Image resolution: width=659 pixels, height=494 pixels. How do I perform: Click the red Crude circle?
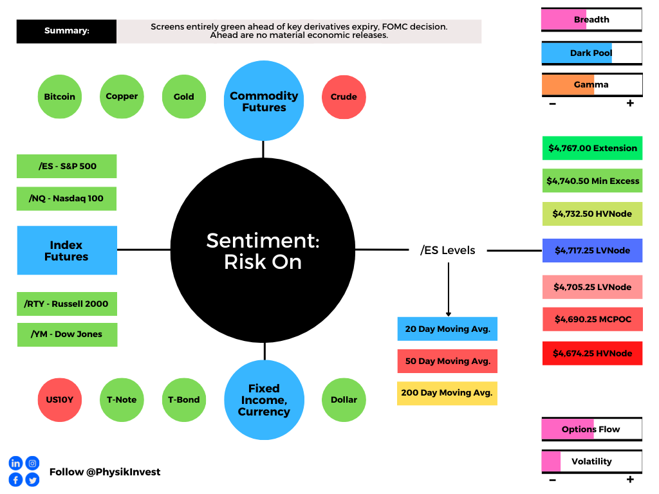(x=344, y=97)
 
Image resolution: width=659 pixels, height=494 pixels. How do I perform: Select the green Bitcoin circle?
(x=60, y=96)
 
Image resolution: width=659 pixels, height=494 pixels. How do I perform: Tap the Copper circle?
(x=122, y=96)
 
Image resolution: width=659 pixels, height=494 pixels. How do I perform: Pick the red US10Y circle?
(x=60, y=400)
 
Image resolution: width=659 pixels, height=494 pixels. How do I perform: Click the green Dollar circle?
(x=344, y=400)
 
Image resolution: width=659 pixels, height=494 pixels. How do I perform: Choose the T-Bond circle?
(x=184, y=400)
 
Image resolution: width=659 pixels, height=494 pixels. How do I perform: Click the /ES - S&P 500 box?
(x=67, y=167)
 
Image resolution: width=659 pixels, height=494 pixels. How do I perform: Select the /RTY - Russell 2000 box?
(x=67, y=304)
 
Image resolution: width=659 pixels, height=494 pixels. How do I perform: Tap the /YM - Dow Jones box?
(x=67, y=334)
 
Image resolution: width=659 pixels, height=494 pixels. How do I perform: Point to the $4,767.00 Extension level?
(x=592, y=149)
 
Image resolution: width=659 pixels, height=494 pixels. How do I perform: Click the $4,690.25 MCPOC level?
(x=592, y=319)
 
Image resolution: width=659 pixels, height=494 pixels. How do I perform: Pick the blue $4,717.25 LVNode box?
(x=592, y=250)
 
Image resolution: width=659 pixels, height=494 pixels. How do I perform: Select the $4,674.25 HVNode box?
(x=592, y=353)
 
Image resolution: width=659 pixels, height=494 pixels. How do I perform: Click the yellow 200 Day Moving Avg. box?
(x=447, y=393)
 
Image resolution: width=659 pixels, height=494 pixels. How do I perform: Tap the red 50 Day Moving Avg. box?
(x=448, y=361)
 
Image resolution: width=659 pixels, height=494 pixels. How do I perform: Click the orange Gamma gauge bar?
(x=592, y=85)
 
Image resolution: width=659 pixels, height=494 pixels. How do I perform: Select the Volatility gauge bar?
(x=592, y=462)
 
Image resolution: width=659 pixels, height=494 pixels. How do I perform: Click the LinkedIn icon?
(x=15, y=463)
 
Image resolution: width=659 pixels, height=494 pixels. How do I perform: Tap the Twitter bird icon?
(x=32, y=480)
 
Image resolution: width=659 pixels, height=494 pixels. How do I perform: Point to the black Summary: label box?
(x=66, y=31)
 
